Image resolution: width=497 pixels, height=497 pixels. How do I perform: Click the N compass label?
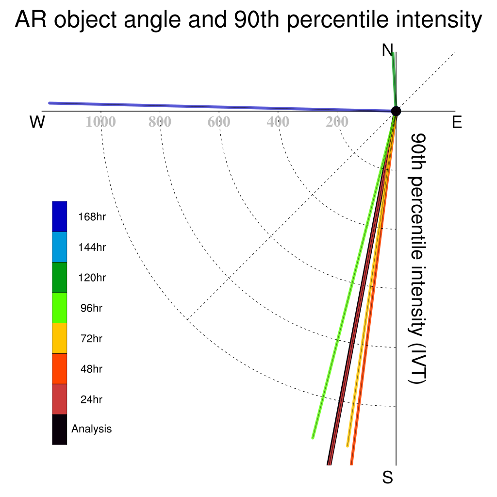click(387, 50)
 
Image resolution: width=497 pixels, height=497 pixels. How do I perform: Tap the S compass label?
click(388, 477)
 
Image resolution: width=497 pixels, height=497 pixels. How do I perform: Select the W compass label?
click(37, 122)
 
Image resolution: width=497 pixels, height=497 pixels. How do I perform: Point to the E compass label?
click(457, 122)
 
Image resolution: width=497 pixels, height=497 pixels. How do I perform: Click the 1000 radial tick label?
click(100, 122)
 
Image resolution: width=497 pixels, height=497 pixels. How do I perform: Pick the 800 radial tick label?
click(160, 122)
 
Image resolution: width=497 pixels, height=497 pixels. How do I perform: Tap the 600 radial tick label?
click(219, 122)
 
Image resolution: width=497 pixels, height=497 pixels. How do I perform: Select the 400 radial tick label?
click(278, 122)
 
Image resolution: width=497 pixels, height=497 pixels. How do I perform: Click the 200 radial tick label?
click(337, 122)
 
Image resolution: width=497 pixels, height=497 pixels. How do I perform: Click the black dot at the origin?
click(396, 111)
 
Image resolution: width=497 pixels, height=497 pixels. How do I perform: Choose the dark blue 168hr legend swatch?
click(60, 216)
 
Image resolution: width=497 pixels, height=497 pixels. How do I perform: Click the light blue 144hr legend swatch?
click(60, 247)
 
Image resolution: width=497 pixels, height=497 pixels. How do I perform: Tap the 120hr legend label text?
click(92, 278)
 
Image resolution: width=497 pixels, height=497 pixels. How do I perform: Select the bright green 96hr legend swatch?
click(60, 308)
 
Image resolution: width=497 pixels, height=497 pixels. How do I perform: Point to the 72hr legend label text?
click(91, 338)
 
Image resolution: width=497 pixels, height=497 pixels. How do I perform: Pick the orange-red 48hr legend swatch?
click(60, 369)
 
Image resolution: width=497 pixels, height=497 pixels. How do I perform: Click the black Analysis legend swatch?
click(60, 430)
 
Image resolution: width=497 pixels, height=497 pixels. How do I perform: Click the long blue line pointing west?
click(222, 107)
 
